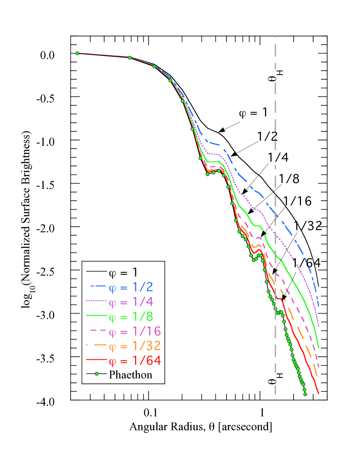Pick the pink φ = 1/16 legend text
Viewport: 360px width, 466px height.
[134, 332]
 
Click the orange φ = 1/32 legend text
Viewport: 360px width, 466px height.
[134, 346]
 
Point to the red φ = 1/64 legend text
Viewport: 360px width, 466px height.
[134, 361]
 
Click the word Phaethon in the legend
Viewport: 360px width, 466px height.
[131, 375]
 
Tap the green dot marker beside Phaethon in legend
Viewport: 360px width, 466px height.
[97, 374]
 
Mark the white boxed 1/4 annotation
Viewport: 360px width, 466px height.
[278, 157]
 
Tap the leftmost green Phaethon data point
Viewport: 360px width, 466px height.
[78, 53]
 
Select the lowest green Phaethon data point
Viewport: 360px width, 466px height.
[305, 394]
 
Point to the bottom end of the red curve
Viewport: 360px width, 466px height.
[319, 393]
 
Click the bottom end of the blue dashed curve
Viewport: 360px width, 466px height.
[319, 306]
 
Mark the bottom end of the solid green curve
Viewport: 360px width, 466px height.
[319, 347]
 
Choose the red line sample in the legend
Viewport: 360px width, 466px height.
[96, 360]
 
